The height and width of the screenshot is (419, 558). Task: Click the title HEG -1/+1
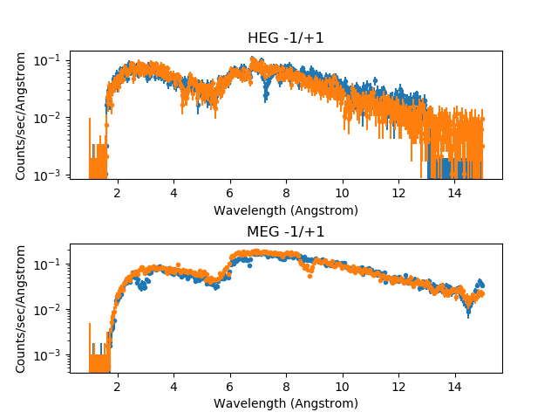click(x=285, y=38)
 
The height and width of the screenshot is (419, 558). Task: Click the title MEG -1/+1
click(x=285, y=231)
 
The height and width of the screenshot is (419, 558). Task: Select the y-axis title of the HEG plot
click(x=21, y=114)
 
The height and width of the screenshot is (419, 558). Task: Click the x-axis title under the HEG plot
click(x=285, y=210)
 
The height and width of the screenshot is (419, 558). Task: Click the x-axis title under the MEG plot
click(x=285, y=403)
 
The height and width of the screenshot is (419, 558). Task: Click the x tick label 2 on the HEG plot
click(x=117, y=193)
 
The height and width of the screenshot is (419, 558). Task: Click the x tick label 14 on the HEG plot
click(x=454, y=193)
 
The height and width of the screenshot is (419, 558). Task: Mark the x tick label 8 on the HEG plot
click(x=286, y=193)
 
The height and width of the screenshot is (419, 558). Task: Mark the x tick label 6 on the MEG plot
click(x=229, y=387)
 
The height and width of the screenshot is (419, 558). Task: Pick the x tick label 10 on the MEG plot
click(x=342, y=387)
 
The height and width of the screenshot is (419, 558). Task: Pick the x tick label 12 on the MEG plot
click(x=398, y=387)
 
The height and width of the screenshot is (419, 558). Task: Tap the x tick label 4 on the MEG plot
click(x=174, y=387)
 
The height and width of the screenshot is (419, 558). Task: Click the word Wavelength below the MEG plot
click(x=253, y=403)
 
